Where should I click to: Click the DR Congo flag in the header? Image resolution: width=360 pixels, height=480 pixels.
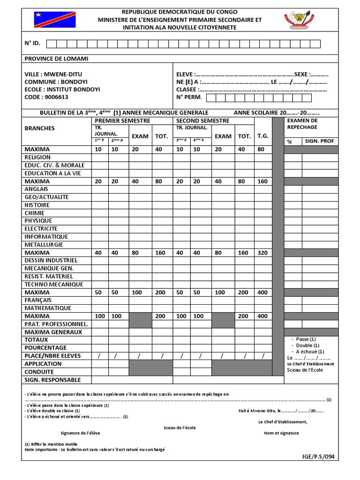55,20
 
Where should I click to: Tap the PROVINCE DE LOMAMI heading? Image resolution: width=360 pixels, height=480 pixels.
56,59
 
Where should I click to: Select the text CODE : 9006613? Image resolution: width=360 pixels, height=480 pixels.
46,97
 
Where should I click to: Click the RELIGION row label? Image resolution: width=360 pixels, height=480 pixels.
37,157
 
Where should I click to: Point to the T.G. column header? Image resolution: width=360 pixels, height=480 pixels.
263,136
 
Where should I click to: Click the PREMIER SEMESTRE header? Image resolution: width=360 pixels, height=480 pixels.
122,120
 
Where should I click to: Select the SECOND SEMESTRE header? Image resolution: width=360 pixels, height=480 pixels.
203,120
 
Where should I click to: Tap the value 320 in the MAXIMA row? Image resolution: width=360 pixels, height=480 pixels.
263,253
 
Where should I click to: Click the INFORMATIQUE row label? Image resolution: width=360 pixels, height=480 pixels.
46,237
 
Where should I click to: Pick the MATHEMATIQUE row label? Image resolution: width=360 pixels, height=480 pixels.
48,308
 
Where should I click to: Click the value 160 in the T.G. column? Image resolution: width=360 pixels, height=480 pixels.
263,181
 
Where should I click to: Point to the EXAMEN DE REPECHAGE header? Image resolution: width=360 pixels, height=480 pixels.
302,124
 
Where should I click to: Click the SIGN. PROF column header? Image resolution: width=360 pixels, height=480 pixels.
320,141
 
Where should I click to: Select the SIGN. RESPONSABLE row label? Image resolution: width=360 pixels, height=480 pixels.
52,380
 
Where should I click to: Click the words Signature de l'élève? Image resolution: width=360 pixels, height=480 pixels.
80,433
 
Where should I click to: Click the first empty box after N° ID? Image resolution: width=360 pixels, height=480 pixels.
52,44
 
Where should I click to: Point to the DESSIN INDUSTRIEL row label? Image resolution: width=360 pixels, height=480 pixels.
51,260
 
